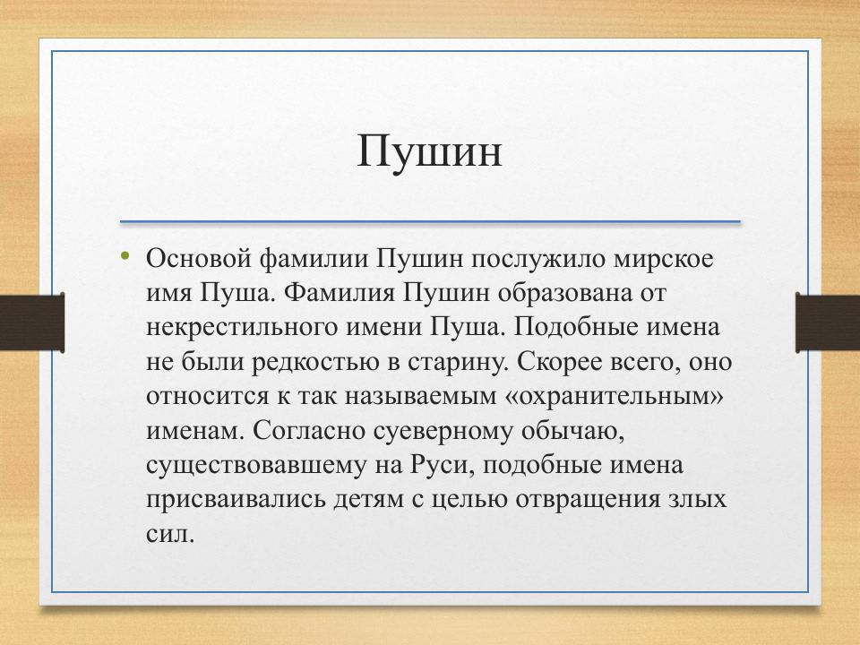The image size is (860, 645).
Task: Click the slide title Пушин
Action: [x=429, y=150]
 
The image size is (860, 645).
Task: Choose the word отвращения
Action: [x=598, y=499]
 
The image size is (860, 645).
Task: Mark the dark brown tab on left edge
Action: [x=31, y=322]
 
